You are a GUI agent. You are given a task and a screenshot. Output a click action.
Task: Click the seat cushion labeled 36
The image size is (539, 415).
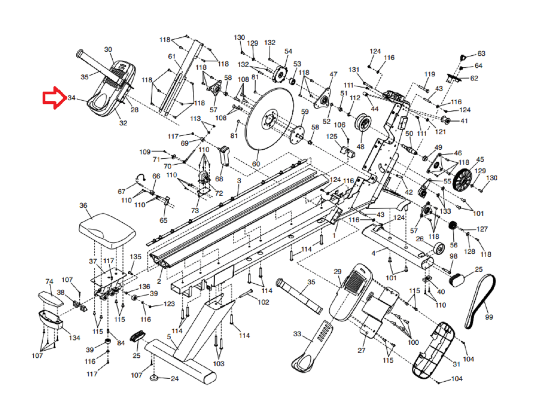107,231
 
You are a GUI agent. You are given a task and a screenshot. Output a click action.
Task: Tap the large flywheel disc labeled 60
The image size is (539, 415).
269,119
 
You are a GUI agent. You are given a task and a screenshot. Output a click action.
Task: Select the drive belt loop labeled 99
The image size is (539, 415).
481,301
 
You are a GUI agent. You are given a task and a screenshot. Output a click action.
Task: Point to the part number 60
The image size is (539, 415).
256,164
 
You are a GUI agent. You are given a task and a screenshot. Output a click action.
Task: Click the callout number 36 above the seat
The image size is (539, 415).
83,205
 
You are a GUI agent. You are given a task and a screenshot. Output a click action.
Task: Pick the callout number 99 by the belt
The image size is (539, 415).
489,317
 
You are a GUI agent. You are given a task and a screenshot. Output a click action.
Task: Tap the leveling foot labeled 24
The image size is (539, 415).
154,378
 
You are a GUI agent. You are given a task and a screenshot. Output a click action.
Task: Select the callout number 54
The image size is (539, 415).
288,51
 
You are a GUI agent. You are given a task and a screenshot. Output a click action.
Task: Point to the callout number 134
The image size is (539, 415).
74,338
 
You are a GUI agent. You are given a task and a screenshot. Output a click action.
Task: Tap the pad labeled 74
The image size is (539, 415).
51,298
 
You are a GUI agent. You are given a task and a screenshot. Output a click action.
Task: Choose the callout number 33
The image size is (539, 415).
297,334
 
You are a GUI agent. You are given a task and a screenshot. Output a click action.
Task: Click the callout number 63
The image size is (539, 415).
481,54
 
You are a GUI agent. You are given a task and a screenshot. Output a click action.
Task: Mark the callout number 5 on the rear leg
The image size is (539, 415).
169,337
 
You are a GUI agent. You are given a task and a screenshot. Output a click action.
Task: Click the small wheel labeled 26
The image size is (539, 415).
440,249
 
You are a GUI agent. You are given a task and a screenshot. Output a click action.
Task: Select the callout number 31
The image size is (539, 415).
456,364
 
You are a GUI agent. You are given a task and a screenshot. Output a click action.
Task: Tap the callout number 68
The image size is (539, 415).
219,179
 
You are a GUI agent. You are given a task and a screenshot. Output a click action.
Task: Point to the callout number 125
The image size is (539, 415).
332,136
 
